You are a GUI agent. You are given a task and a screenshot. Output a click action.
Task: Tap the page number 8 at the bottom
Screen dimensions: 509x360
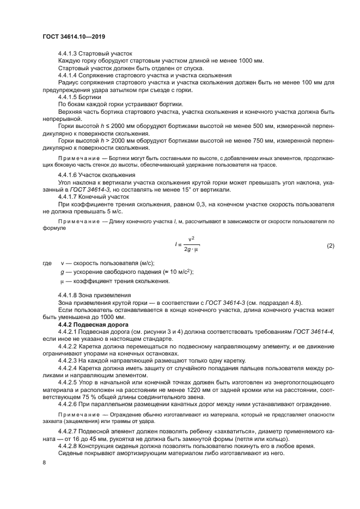tap(44, 462)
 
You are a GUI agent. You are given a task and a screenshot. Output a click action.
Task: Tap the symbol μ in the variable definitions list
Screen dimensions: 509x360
tap(62, 281)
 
